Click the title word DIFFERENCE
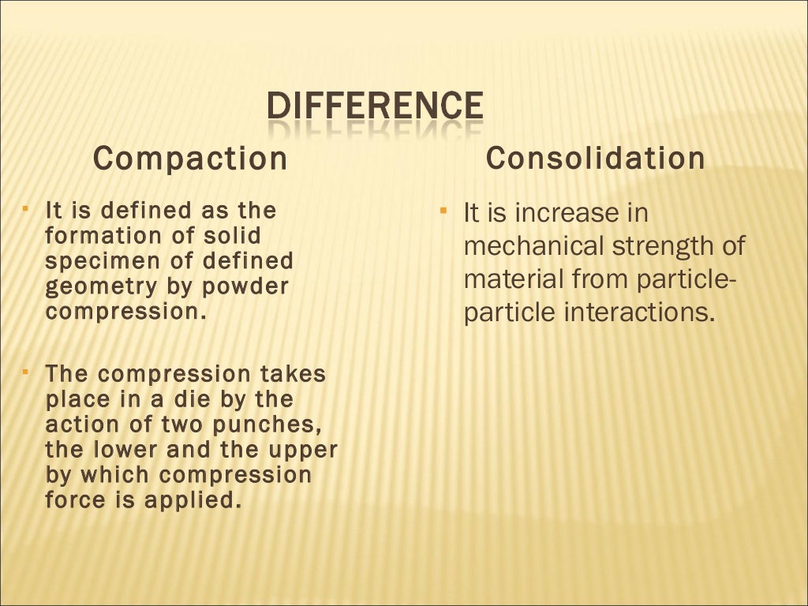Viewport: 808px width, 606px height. coord(373,108)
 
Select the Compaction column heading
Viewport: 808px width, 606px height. coord(190,159)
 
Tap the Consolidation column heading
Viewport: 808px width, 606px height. coord(595,158)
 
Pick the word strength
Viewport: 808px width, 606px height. coord(661,246)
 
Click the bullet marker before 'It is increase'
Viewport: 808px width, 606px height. coord(443,211)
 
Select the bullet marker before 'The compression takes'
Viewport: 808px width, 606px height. coord(26,369)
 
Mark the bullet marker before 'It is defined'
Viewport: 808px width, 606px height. coord(26,208)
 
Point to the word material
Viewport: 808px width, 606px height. coord(514,279)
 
